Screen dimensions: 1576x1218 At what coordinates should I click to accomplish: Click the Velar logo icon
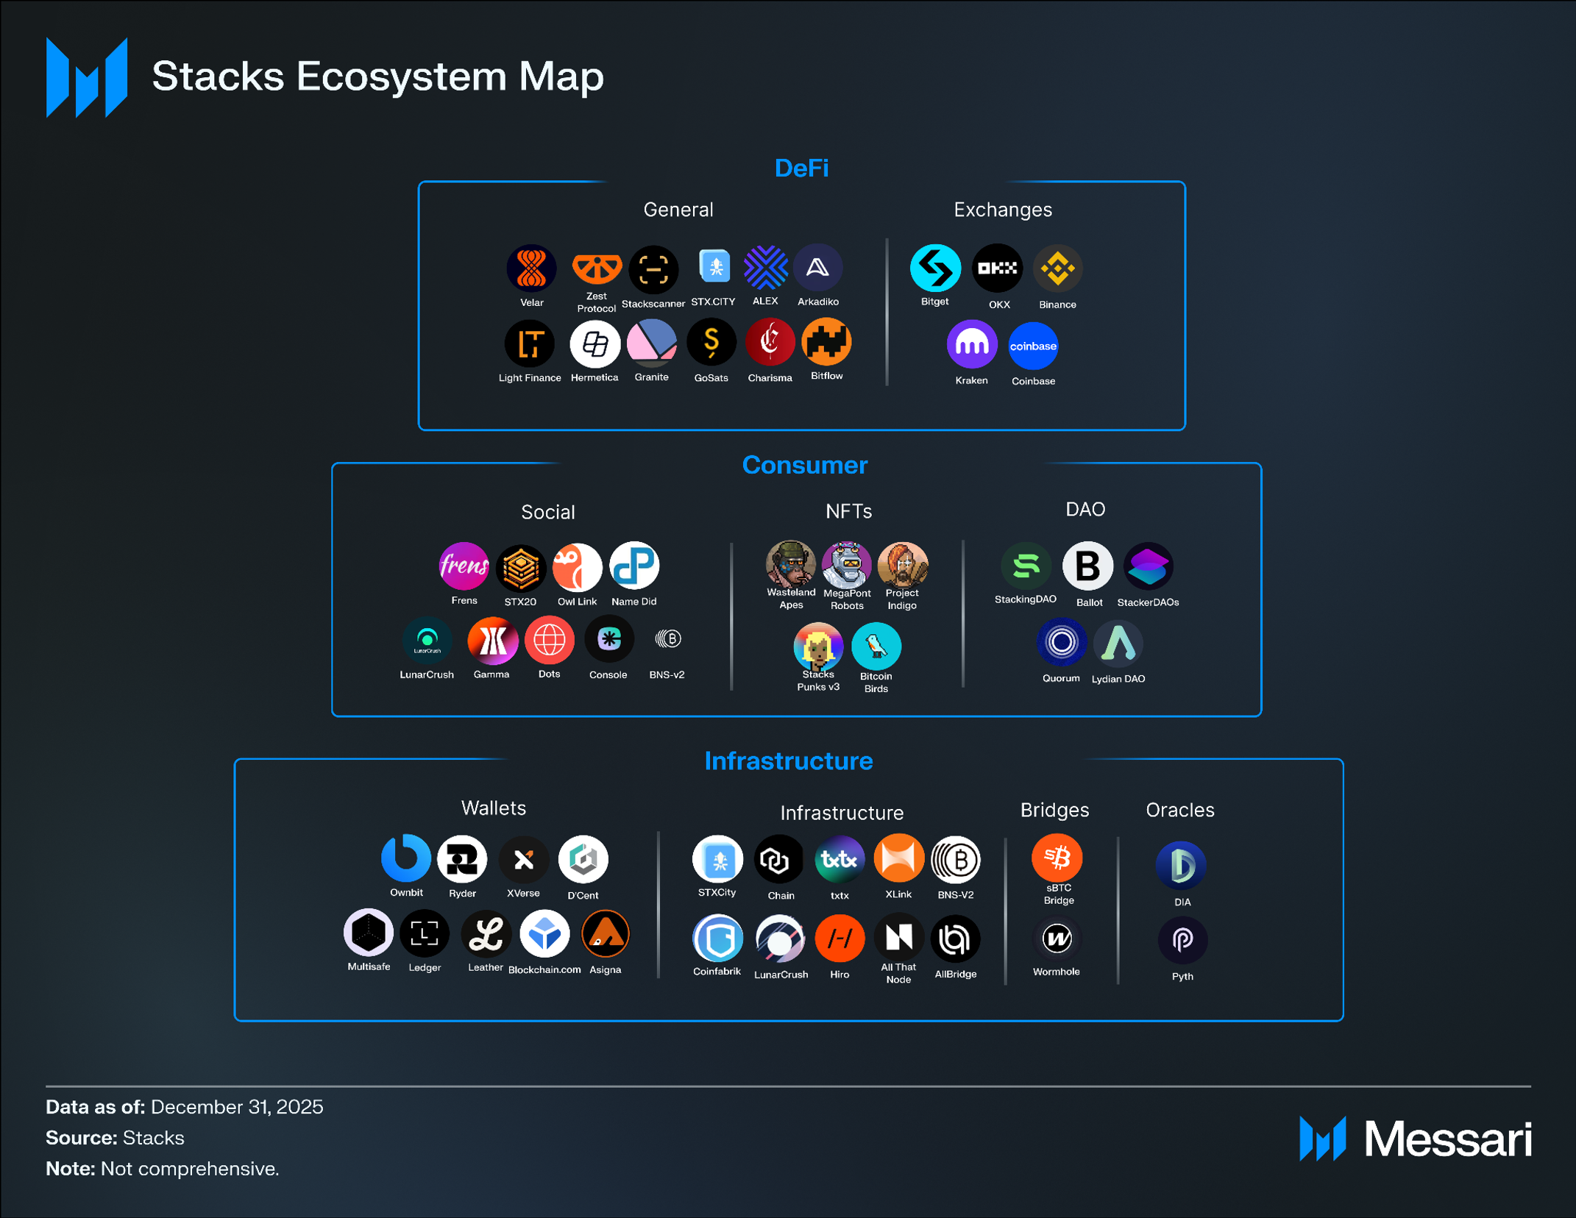coord(531,268)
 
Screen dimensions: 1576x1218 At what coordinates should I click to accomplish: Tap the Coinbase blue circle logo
coord(1033,346)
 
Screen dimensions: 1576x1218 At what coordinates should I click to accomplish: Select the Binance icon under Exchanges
coord(1057,268)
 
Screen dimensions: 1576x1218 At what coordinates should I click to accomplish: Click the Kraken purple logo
coord(971,345)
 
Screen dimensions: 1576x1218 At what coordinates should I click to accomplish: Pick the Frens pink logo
coord(464,566)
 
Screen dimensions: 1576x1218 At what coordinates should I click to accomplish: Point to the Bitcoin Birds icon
coord(876,647)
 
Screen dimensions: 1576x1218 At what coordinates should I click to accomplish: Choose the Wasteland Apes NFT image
coord(791,565)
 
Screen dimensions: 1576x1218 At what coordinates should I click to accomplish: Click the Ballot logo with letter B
coord(1087,566)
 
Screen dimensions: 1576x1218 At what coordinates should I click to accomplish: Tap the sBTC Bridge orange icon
coord(1057,858)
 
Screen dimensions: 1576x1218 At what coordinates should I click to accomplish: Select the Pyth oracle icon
coord(1182,940)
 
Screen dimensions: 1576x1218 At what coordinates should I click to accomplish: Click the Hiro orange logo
coord(840,939)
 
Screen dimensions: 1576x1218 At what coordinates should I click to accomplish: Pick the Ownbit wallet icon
coord(406,858)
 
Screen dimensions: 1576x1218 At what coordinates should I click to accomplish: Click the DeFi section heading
coord(801,168)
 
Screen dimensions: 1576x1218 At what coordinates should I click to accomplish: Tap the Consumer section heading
coord(804,465)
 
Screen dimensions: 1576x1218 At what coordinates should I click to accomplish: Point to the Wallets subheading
coord(494,808)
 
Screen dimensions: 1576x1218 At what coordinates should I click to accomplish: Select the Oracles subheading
coord(1179,810)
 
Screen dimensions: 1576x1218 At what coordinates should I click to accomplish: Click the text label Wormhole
coord(1056,972)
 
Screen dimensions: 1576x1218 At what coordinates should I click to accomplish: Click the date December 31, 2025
coord(237,1107)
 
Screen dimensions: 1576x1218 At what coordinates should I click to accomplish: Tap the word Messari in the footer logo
coord(1448,1139)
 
